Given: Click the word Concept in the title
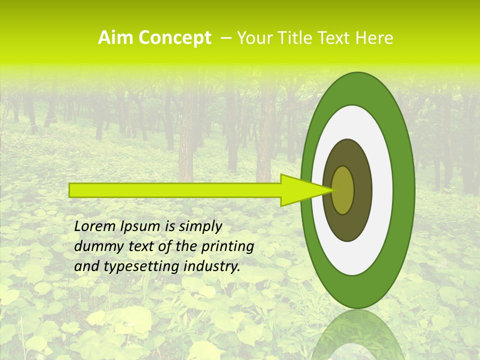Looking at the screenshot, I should tap(174, 38).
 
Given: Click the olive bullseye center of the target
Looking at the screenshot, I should tap(343, 190).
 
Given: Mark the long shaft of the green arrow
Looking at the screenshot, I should tap(175, 190).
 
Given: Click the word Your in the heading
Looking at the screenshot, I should tap(253, 38).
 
